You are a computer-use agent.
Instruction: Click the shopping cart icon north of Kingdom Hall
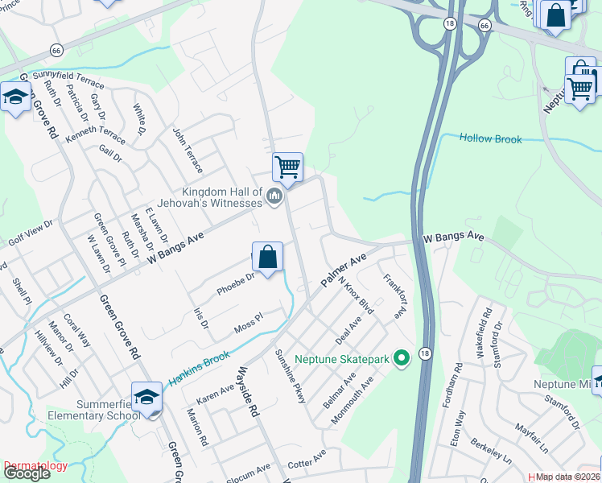click(287, 167)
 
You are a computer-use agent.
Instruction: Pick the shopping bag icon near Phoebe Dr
click(268, 258)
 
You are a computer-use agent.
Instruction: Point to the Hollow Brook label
click(490, 138)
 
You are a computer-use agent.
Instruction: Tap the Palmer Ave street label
click(344, 270)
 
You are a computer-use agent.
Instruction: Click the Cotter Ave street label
click(307, 458)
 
